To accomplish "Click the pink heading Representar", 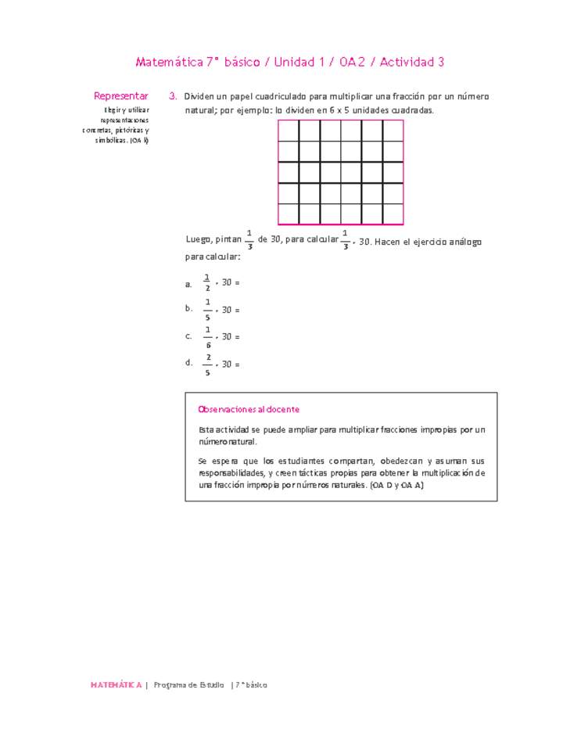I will pyautogui.click(x=120, y=95).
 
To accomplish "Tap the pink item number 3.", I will pyautogui.click(x=172, y=96).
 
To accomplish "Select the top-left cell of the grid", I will pyautogui.click(x=289, y=131).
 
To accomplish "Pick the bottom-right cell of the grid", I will pyautogui.click(x=393, y=214).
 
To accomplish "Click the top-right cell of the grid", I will pyautogui.click(x=393, y=131).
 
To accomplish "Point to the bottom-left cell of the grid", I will pyautogui.click(x=289, y=214).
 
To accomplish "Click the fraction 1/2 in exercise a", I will pyautogui.click(x=207, y=282).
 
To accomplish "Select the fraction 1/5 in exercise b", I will pyautogui.click(x=207, y=309).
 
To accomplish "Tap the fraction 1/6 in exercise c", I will pyautogui.click(x=208, y=337).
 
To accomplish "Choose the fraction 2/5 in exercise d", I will pyautogui.click(x=208, y=364).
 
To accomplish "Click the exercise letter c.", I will pyautogui.click(x=188, y=336).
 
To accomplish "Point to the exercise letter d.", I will pyautogui.click(x=188, y=363).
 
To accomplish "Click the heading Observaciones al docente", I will pyautogui.click(x=249, y=409).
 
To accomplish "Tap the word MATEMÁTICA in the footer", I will pyautogui.click(x=116, y=684).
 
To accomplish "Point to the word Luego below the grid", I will pyautogui.click(x=199, y=241).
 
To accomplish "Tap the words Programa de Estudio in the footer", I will pyautogui.click(x=188, y=684).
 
